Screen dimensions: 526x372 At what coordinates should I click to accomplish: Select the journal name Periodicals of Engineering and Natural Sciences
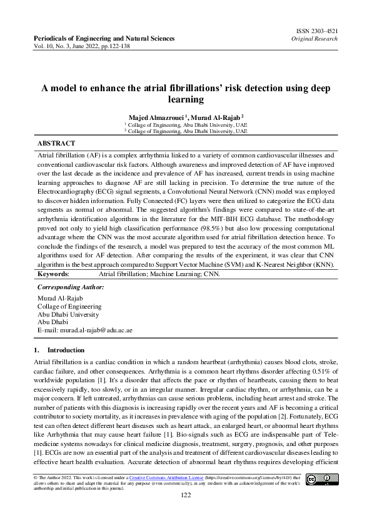pyautogui.click(x=104, y=39)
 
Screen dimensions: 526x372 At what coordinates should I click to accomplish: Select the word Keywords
pyautogui.click(x=53, y=274)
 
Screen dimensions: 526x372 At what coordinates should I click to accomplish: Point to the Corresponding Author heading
pyautogui.click(x=71, y=287)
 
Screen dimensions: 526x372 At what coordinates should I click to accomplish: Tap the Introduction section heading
pyautogui.click(x=66, y=350)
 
